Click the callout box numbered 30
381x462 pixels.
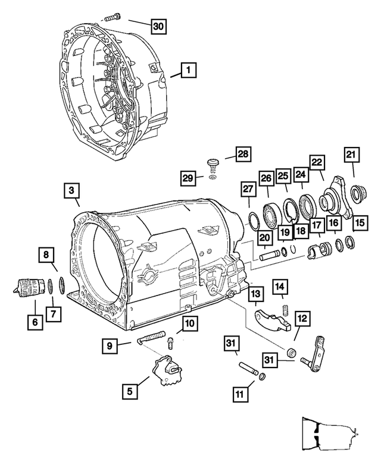tap(157, 26)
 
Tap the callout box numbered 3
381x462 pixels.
tap(70, 191)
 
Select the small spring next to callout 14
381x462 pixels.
tap(285, 308)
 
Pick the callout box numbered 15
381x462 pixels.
tap(359, 222)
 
